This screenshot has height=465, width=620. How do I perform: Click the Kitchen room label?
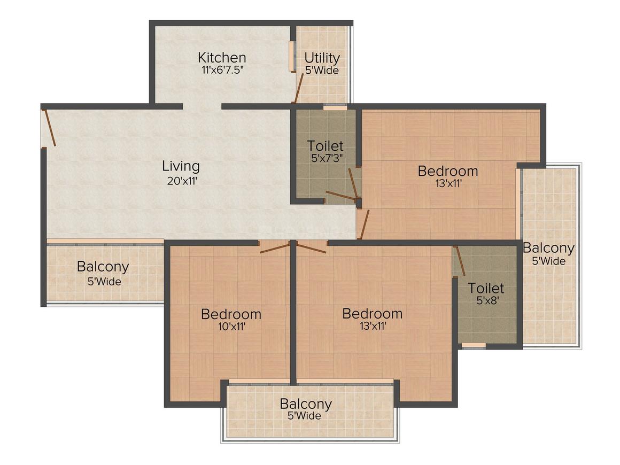point(222,57)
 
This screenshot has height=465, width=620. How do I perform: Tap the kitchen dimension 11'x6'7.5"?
point(222,70)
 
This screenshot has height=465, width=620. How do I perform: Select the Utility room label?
point(322,57)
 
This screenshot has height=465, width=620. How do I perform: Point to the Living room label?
point(181,166)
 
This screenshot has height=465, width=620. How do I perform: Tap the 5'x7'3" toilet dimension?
point(325,159)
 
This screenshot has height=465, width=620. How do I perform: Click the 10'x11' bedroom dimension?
point(231,327)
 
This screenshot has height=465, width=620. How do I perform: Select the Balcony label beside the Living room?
point(103,266)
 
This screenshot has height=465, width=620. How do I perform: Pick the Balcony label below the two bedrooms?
point(306,404)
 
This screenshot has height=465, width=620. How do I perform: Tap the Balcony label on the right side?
point(548,248)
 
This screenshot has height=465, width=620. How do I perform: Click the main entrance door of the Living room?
point(49,128)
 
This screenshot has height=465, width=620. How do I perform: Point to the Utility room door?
point(298,89)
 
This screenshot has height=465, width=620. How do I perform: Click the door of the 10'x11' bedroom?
point(275,247)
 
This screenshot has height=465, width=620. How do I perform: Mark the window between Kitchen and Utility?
point(292,56)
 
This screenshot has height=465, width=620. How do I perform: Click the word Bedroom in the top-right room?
point(448,171)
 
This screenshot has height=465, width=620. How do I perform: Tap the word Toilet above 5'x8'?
point(486,288)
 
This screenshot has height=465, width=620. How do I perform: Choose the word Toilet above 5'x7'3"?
point(325,145)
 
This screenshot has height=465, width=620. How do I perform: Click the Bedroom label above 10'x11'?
point(231,314)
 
